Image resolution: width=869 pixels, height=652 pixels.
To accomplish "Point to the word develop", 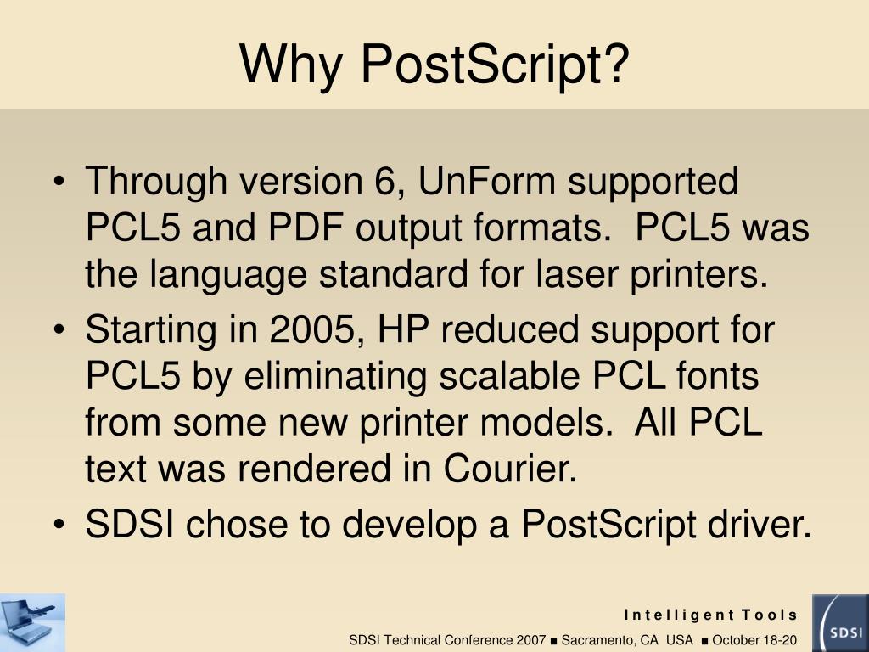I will click(x=411, y=525).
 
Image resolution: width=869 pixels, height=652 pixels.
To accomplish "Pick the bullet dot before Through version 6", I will click(x=63, y=183).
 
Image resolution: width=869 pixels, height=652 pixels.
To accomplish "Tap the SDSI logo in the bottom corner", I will click(x=839, y=622).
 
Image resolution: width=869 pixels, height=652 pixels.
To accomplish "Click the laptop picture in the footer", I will click(x=32, y=622).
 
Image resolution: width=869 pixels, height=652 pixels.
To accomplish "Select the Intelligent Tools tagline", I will click(x=711, y=615).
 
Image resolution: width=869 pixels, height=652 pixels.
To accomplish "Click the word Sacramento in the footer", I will click(x=596, y=639).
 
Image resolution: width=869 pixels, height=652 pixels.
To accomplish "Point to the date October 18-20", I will click(x=754, y=639).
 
